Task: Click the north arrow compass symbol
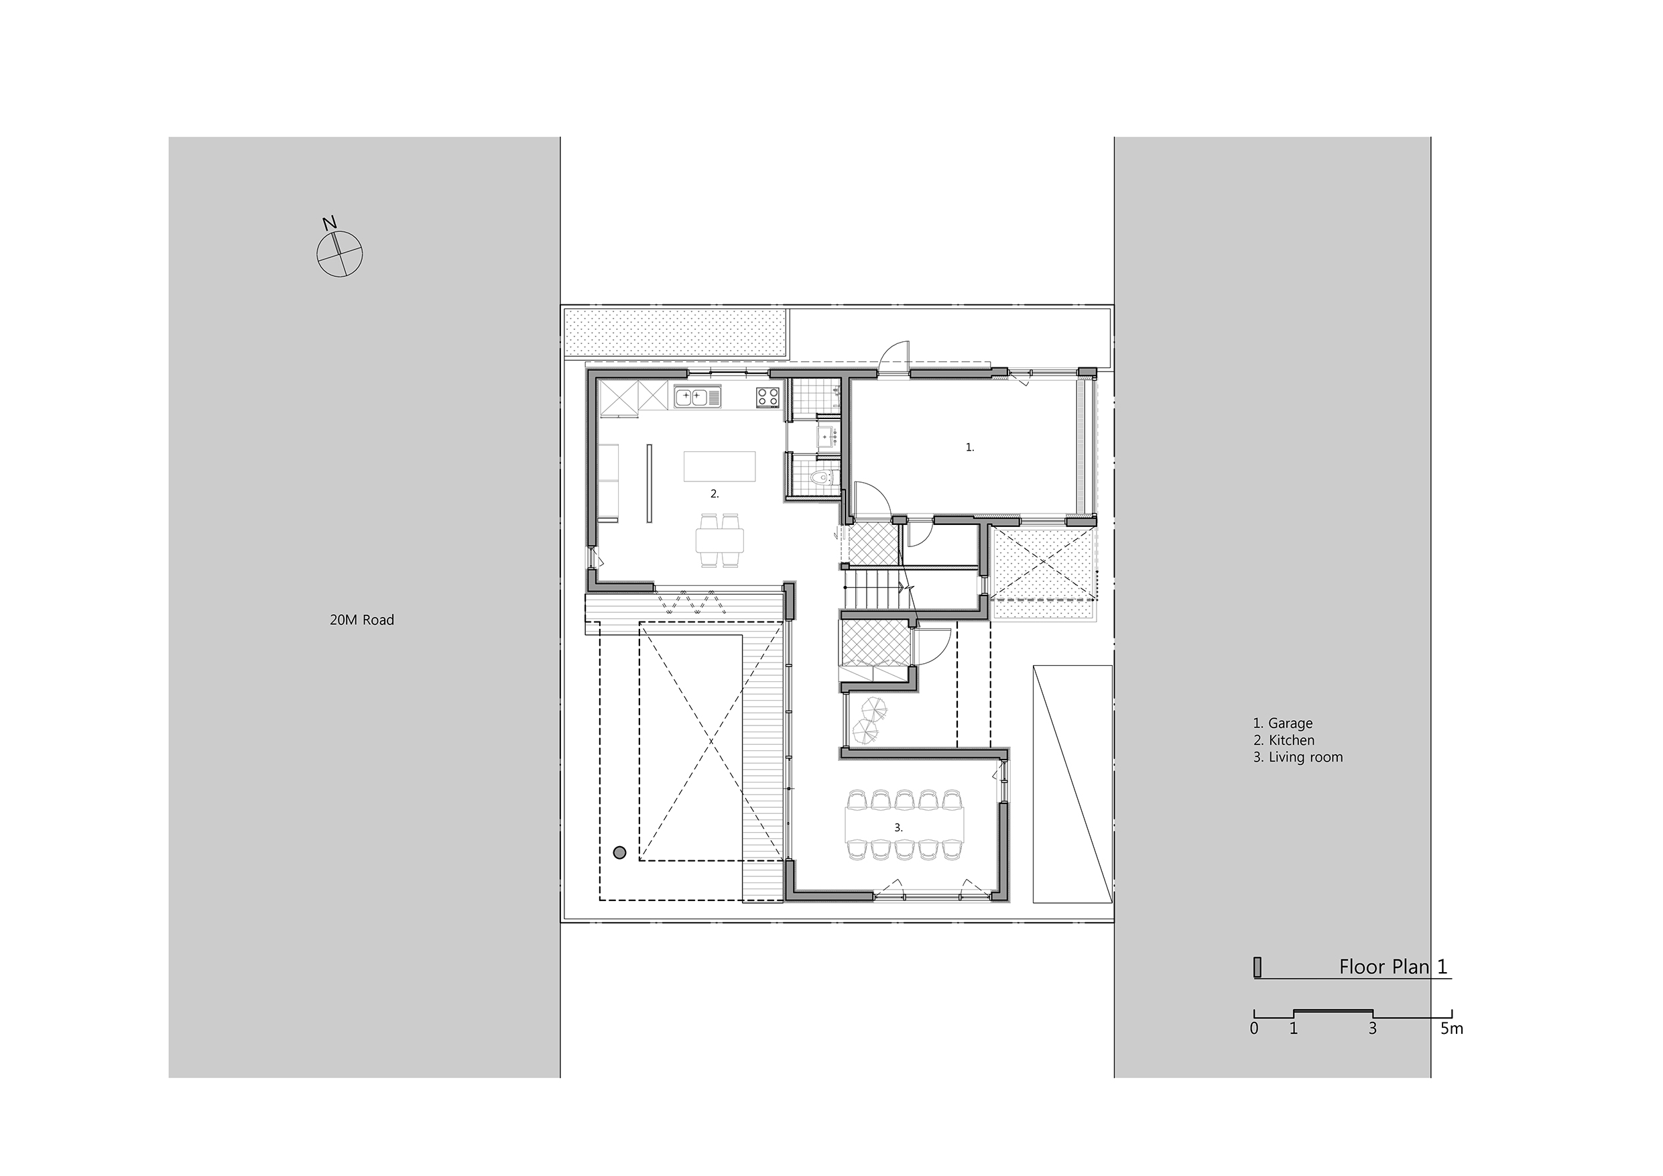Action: point(339,253)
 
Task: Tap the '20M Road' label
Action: point(361,620)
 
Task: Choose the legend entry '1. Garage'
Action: point(1283,723)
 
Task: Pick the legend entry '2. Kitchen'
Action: point(1284,740)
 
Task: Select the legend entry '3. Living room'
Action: point(1298,757)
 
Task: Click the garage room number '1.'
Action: point(970,448)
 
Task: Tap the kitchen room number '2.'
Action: point(714,493)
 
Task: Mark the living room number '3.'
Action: point(898,827)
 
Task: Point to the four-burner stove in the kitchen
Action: point(768,396)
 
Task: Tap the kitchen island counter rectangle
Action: point(719,466)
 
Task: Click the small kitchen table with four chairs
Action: point(720,540)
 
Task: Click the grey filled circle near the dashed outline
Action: point(619,853)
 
